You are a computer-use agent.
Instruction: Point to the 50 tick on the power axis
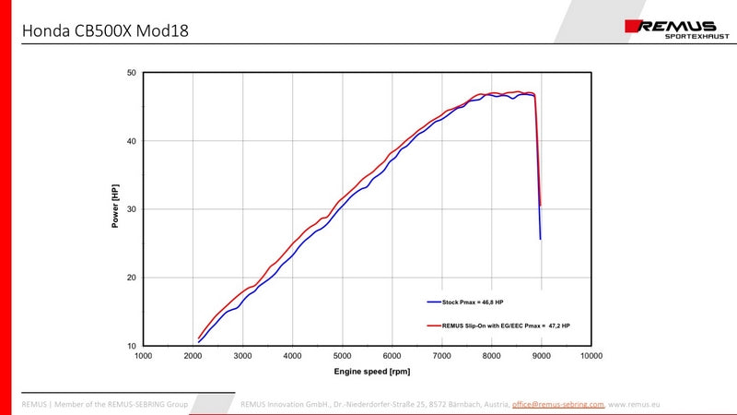point(132,73)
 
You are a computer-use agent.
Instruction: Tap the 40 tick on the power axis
point(132,141)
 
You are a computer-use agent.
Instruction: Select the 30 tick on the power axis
point(132,209)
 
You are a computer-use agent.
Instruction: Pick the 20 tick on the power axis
point(132,278)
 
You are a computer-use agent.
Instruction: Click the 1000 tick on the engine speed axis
point(144,356)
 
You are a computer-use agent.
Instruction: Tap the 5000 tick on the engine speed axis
point(343,356)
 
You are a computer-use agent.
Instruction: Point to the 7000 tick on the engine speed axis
point(442,356)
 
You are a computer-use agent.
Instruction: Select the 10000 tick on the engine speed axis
point(591,356)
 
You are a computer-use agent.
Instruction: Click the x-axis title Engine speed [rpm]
point(371,371)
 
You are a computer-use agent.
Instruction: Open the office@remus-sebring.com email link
point(558,404)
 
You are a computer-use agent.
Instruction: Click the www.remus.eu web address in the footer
point(635,404)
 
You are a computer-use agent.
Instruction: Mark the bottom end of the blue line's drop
point(541,239)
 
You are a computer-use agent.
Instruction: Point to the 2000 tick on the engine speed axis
point(193,356)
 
